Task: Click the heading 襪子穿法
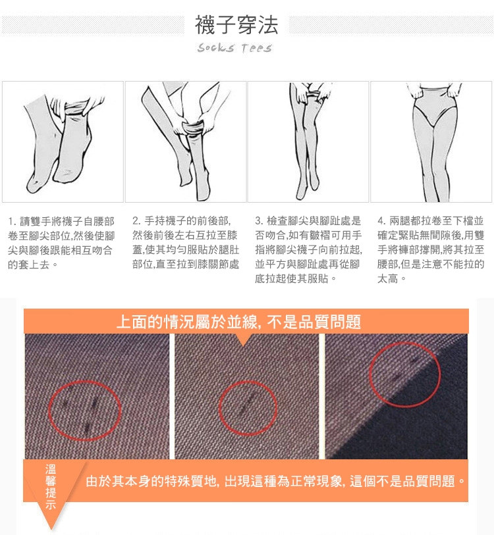236,24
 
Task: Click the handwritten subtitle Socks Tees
234,48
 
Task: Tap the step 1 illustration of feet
63,141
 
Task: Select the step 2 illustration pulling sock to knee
186,141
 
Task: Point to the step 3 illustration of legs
308,141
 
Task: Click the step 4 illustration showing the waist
431,141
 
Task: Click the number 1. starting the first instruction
13,222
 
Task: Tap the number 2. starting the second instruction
136,220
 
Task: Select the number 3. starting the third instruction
260,220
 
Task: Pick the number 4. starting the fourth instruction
382,220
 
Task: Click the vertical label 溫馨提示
51,486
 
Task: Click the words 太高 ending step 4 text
387,279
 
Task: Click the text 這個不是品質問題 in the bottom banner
402,481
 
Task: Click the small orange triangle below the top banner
243,339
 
